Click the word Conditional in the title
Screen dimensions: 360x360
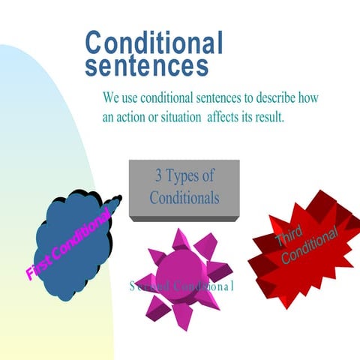point(154,43)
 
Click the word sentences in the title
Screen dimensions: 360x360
point(146,66)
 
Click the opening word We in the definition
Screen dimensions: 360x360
point(111,98)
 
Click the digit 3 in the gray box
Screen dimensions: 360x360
point(158,177)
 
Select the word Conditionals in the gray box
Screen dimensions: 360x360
point(184,198)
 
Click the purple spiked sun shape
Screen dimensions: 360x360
point(181,270)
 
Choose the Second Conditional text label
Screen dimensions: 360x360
point(181,286)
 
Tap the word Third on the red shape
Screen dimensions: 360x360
point(288,238)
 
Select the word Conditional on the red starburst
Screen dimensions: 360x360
point(309,245)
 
